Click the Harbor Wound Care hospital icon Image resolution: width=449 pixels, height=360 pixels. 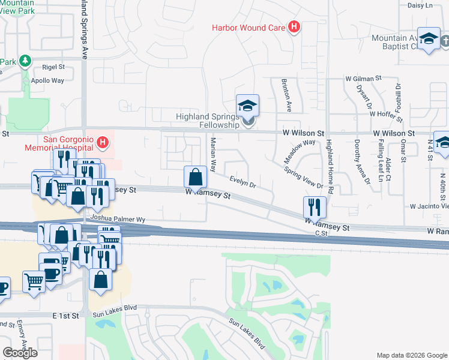coord(294,27)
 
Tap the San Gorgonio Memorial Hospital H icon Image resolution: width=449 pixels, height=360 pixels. coord(103,143)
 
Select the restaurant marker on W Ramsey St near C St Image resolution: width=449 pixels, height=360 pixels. coord(315,208)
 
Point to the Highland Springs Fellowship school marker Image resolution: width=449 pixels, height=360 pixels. coord(247,107)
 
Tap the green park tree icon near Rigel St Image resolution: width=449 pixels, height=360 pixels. coord(25,61)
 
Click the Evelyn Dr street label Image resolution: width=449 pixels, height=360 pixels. coord(243,182)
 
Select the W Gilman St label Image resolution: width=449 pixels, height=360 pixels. coord(363,79)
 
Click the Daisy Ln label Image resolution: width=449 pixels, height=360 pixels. coord(420,5)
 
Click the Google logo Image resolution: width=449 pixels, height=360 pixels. coord(20,353)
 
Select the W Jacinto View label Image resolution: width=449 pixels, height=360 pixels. coord(429,206)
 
